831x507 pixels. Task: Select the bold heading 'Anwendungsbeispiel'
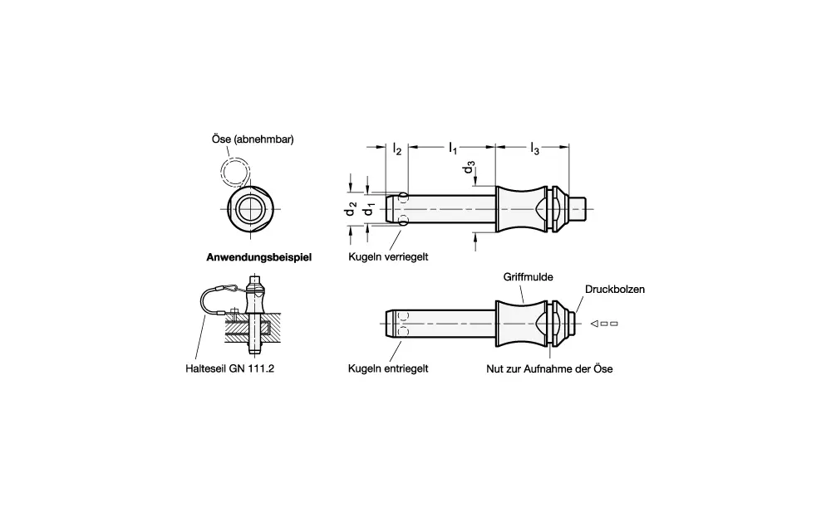(x=258, y=257)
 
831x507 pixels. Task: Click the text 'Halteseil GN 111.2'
(x=230, y=368)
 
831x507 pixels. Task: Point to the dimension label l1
(x=452, y=148)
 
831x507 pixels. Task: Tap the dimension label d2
(x=352, y=209)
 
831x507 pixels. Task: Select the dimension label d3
(x=470, y=169)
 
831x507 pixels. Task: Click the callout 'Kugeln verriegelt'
(x=388, y=257)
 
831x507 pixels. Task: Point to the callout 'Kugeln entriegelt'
(x=388, y=368)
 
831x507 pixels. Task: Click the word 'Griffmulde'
(x=528, y=275)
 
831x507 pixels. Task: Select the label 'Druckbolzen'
(x=615, y=290)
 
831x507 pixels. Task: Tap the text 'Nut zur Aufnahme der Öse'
(x=549, y=368)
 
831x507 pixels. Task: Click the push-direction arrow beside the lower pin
(x=602, y=324)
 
